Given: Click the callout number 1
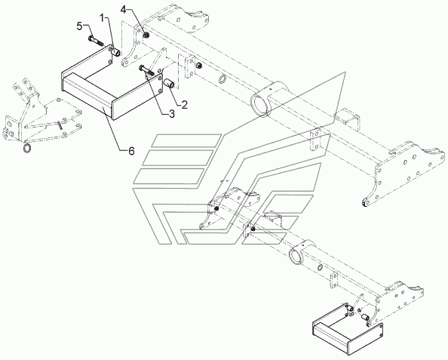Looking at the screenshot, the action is click(103, 18).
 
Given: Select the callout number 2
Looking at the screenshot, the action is click(184, 105).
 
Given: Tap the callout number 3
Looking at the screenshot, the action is click(171, 114).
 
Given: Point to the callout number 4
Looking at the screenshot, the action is click(123, 10).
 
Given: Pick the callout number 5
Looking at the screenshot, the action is click(80, 26).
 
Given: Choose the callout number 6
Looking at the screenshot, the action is click(131, 150).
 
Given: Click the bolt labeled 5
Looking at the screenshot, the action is click(97, 41).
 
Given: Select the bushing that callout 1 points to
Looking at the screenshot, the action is click(117, 53).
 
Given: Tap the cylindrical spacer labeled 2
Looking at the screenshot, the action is click(169, 85).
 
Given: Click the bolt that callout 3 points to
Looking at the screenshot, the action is click(147, 71).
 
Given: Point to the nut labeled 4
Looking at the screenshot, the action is click(146, 35).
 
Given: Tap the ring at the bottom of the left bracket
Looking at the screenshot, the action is click(27, 148).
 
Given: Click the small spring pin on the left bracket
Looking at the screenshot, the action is click(60, 125).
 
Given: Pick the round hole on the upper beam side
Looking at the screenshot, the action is click(222, 79).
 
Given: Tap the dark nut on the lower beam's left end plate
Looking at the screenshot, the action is click(216, 209).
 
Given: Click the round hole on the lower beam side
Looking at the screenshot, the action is click(320, 267).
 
